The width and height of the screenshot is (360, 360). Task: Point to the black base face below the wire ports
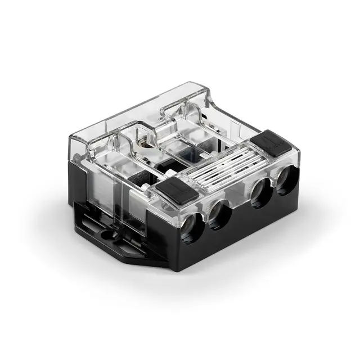[242, 236]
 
